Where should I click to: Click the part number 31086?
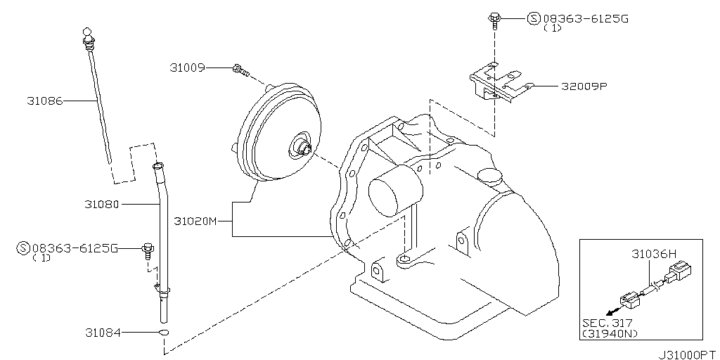44,101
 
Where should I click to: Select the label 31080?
101,204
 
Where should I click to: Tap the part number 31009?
187,68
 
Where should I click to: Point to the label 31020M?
195,221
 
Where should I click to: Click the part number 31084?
103,333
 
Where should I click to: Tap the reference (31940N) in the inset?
610,334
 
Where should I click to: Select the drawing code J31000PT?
688,355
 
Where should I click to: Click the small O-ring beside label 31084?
163,333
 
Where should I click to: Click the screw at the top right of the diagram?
494,22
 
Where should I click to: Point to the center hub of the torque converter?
302,146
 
